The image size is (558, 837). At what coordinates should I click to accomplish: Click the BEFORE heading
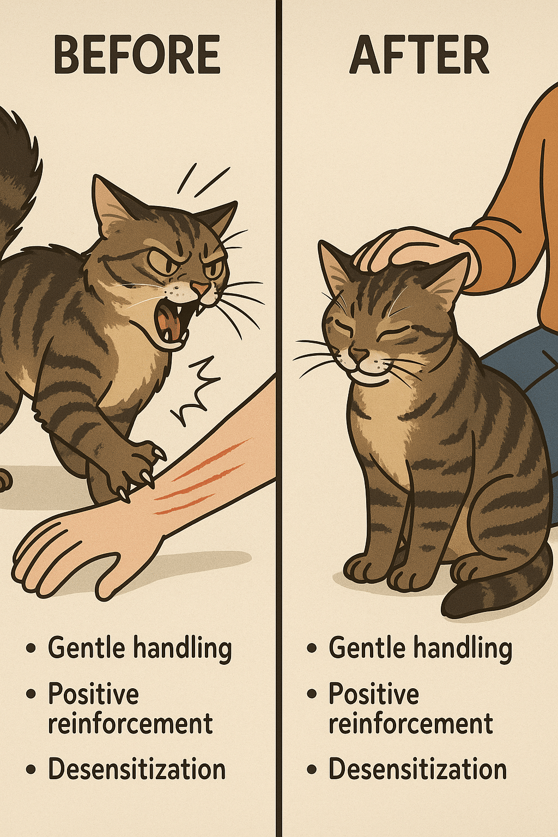pos(137,54)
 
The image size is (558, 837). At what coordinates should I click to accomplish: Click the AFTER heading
pos(420,54)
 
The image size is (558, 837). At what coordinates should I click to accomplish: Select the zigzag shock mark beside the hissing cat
pos(195,392)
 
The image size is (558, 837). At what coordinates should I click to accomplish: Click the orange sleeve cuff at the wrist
pos(486,254)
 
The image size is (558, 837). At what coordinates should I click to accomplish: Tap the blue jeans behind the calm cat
pos(523,374)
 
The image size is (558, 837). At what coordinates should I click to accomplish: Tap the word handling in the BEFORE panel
pos(183,648)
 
